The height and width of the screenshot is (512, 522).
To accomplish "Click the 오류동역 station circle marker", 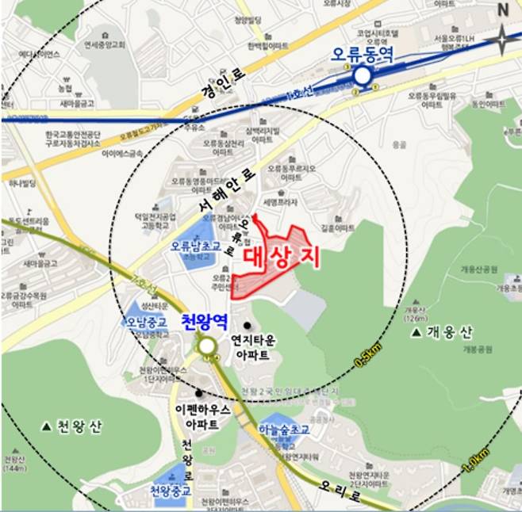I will pos(363,76).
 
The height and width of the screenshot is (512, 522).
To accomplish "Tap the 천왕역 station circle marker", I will pos(207,346).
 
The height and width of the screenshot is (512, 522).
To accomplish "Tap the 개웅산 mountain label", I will pos(449,330).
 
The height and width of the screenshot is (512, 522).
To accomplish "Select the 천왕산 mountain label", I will pos(73,427).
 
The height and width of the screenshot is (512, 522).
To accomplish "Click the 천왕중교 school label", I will pos(171,491).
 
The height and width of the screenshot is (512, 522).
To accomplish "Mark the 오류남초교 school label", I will pos(191,246).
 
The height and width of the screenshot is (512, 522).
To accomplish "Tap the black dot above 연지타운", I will pos(248,325).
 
